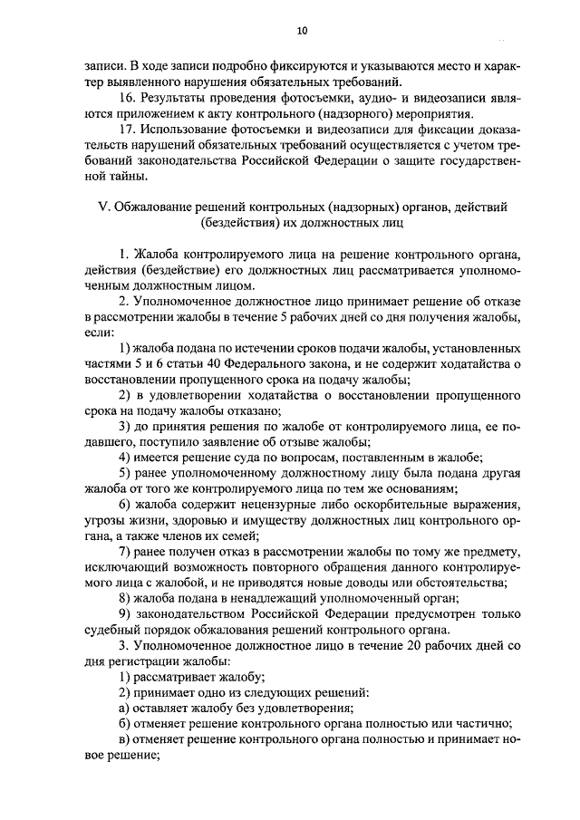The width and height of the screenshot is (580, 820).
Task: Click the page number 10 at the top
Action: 303,31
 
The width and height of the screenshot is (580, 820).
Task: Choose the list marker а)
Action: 126,709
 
